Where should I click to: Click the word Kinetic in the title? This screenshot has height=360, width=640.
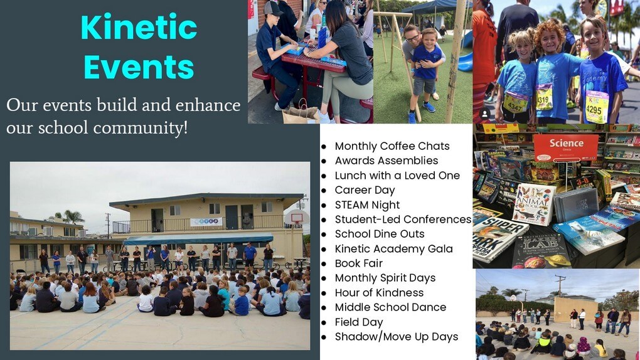click(x=139, y=28)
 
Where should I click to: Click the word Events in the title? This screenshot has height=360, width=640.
click(x=139, y=67)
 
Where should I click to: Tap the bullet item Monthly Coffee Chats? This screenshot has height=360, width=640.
click(x=392, y=146)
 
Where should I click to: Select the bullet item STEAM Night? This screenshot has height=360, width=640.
click(x=367, y=205)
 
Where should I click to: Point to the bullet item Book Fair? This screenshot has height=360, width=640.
click(x=358, y=263)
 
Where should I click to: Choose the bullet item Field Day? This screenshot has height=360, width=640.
click(x=358, y=322)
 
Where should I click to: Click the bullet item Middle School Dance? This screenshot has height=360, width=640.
click(x=390, y=307)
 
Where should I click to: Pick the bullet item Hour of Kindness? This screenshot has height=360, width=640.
click(x=379, y=293)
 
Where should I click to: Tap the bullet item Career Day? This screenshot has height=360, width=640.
click(x=365, y=190)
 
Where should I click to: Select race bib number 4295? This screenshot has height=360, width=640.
click(x=597, y=107)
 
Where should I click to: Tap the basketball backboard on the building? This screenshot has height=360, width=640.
click(x=296, y=218)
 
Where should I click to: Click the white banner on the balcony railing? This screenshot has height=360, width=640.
click(x=206, y=221)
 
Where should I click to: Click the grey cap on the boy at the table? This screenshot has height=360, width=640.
click(x=273, y=8)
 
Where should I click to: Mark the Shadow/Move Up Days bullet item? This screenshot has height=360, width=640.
click(x=397, y=337)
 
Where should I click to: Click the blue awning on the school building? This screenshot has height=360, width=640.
click(x=198, y=238)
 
